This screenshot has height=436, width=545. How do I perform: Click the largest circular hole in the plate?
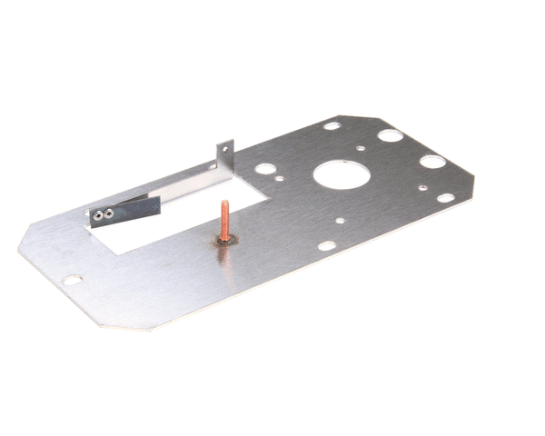pyautogui.click(x=336, y=174)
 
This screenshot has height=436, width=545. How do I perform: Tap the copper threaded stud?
pyautogui.click(x=223, y=218)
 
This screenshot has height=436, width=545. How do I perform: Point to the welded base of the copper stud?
pyautogui.click(x=223, y=240)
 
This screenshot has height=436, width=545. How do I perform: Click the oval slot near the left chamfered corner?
pyautogui.click(x=72, y=280)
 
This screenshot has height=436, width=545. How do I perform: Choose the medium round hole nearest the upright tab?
pyautogui.click(x=265, y=169)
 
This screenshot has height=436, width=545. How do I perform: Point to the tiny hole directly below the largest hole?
pyautogui.click(x=340, y=220)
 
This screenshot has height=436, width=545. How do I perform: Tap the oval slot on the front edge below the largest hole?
pyautogui.click(x=325, y=245)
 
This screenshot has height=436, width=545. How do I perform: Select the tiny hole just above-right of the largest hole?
pyautogui.click(x=362, y=146)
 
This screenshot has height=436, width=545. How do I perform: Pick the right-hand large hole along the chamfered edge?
pyautogui.click(x=432, y=162)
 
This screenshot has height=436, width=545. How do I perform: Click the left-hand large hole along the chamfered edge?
pyautogui.click(x=390, y=136)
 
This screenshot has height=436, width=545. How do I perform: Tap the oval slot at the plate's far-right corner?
pyautogui.click(x=445, y=197)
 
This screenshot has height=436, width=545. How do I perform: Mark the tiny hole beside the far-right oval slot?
pyautogui.click(x=421, y=188)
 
